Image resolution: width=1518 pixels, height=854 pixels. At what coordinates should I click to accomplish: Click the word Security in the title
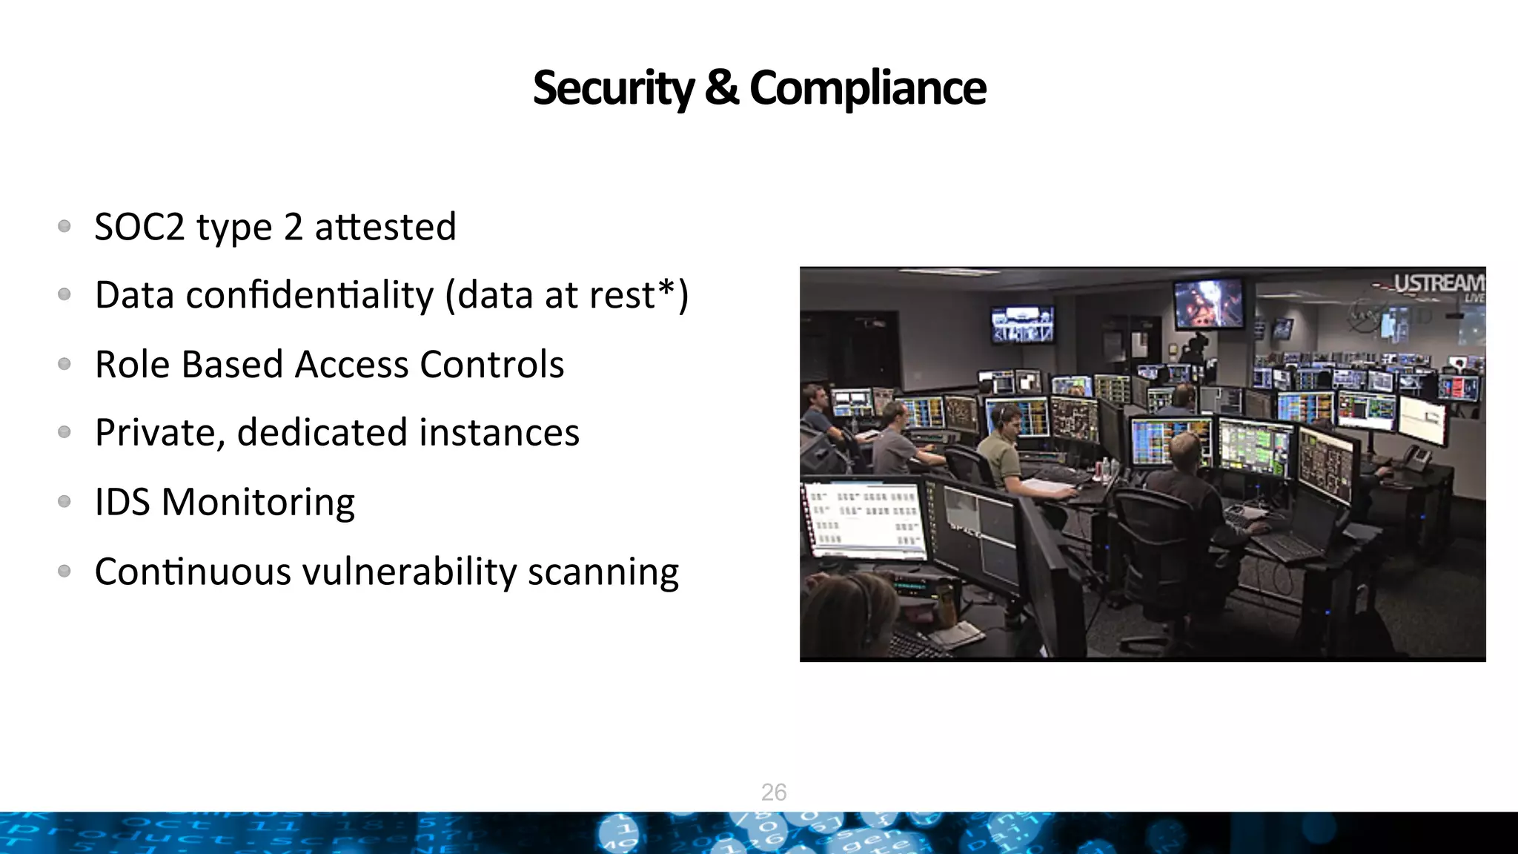click(614, 88)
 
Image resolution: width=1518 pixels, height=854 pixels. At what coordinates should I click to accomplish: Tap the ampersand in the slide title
click(720, 88)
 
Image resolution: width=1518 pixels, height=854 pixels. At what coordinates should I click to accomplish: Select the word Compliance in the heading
click(867, 88)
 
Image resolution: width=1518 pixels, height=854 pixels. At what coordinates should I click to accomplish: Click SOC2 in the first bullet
click(139, 227)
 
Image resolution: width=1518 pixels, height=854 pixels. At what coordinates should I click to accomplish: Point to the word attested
click(385, 227)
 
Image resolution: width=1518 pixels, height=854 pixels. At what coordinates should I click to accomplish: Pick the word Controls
click(492, 365)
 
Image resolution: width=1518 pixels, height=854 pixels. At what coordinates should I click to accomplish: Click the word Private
click(155, 433)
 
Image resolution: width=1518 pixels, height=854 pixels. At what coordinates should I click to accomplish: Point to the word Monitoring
click(258, 503)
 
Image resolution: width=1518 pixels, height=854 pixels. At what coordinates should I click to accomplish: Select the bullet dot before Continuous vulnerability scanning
click(64, 571)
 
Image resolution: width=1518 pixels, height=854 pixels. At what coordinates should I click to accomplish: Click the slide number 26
click(774, 792)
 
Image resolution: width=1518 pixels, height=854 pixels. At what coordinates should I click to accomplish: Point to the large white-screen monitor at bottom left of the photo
click(864, 519)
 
